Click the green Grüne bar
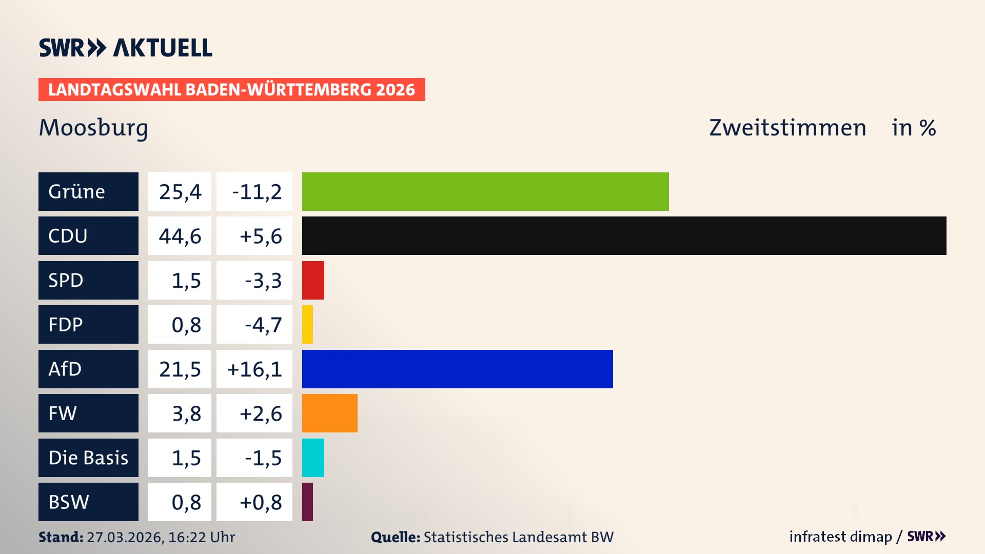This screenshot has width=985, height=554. coord(485,191)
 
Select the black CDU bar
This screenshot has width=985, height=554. coord(624,235)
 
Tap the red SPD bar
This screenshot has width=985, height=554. coord(313,280)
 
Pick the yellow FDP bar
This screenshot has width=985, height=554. coord(307,324)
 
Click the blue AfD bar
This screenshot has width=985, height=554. coord(457,369)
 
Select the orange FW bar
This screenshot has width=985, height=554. coord(329,413)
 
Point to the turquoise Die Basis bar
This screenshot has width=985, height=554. coord(313,458)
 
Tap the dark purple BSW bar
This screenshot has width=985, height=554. coord(307,502)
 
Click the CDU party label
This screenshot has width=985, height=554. coord(88,235)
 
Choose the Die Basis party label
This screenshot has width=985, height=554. coord(88,458)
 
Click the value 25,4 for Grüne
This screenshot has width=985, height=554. coord(180,191)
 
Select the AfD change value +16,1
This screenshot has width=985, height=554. coord(254,369)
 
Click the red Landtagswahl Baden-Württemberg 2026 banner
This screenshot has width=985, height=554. coord(231,89)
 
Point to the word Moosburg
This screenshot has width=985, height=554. coord(93,128)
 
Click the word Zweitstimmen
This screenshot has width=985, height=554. coord(787,128)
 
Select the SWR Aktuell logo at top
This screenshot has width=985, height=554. coord(125,48)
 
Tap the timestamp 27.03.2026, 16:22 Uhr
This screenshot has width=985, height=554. coord(161,537)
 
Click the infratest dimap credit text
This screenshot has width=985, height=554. coord(840,537)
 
